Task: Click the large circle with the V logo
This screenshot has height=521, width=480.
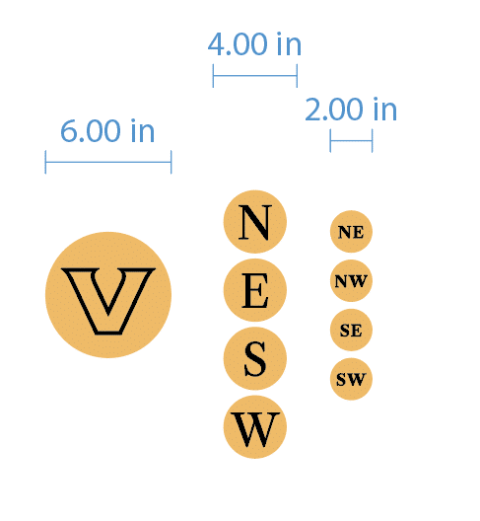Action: tap(108, 295)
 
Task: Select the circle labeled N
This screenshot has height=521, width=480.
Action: tap(255, 222)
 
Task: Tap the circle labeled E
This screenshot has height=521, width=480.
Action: tap(255, 290)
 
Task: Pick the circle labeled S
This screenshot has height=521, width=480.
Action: tap(255, 358)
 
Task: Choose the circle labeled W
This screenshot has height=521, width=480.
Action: tap(255, 427)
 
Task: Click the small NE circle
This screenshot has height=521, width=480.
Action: tap(351, 231)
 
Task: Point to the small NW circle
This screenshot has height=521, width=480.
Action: tap(351, 281)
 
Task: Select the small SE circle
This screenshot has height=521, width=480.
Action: tap(351, 330)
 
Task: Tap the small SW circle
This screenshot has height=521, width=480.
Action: tap(351, 379)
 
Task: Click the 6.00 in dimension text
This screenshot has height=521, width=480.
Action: tap(107, 131)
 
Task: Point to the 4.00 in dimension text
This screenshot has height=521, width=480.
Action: tap(254, 43)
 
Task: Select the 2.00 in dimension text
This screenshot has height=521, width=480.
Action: tap(351, 109)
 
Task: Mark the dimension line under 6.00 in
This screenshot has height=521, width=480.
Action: tap(108, 162)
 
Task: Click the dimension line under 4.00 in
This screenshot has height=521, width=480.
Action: tap(255, 76)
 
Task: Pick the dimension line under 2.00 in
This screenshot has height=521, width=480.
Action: tap(351, 141)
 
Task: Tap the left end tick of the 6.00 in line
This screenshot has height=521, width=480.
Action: tap(45, 162)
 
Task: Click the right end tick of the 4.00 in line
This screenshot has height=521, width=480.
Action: tap(297, 76)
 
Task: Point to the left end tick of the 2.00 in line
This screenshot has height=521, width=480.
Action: tap(330, 141)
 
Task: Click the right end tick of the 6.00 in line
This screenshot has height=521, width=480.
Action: tap(171, 162)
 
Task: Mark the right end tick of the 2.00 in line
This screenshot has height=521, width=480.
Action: tap(373, 141)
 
